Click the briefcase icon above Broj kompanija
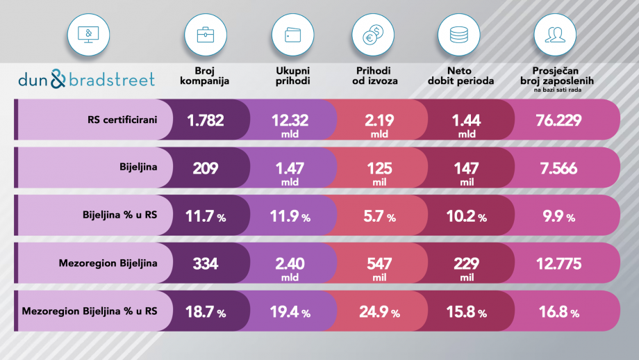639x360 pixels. pyautogui.click(x=205, y=33)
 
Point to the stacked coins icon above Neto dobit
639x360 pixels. pyautogui.click(x=458, y=33)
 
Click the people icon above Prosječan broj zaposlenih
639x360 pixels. pyautogui.click(x=554, y=33)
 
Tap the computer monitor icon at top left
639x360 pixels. pyautogui.click(x=88, y=33)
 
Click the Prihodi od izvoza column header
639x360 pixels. pyautogui.click(x=373, y=76)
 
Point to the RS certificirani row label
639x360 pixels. pyautogui.click(x=122, y=120)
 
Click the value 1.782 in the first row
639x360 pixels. pyautogui.click(x=205, y=120)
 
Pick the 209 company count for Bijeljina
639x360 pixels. pyautogui.click(x=205, y=167)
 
